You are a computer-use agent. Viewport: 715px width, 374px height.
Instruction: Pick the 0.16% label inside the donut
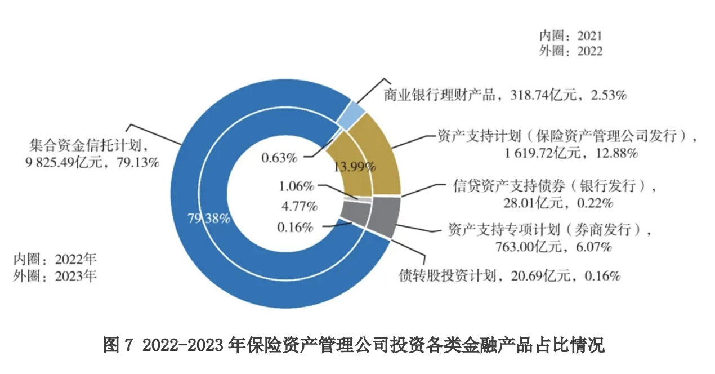[294, 228]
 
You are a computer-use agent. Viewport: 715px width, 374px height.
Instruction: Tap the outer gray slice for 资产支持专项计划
[385, 216]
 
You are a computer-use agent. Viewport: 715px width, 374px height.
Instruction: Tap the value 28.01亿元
[525, 202]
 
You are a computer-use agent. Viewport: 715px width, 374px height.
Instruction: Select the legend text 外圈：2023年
[55, 276]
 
